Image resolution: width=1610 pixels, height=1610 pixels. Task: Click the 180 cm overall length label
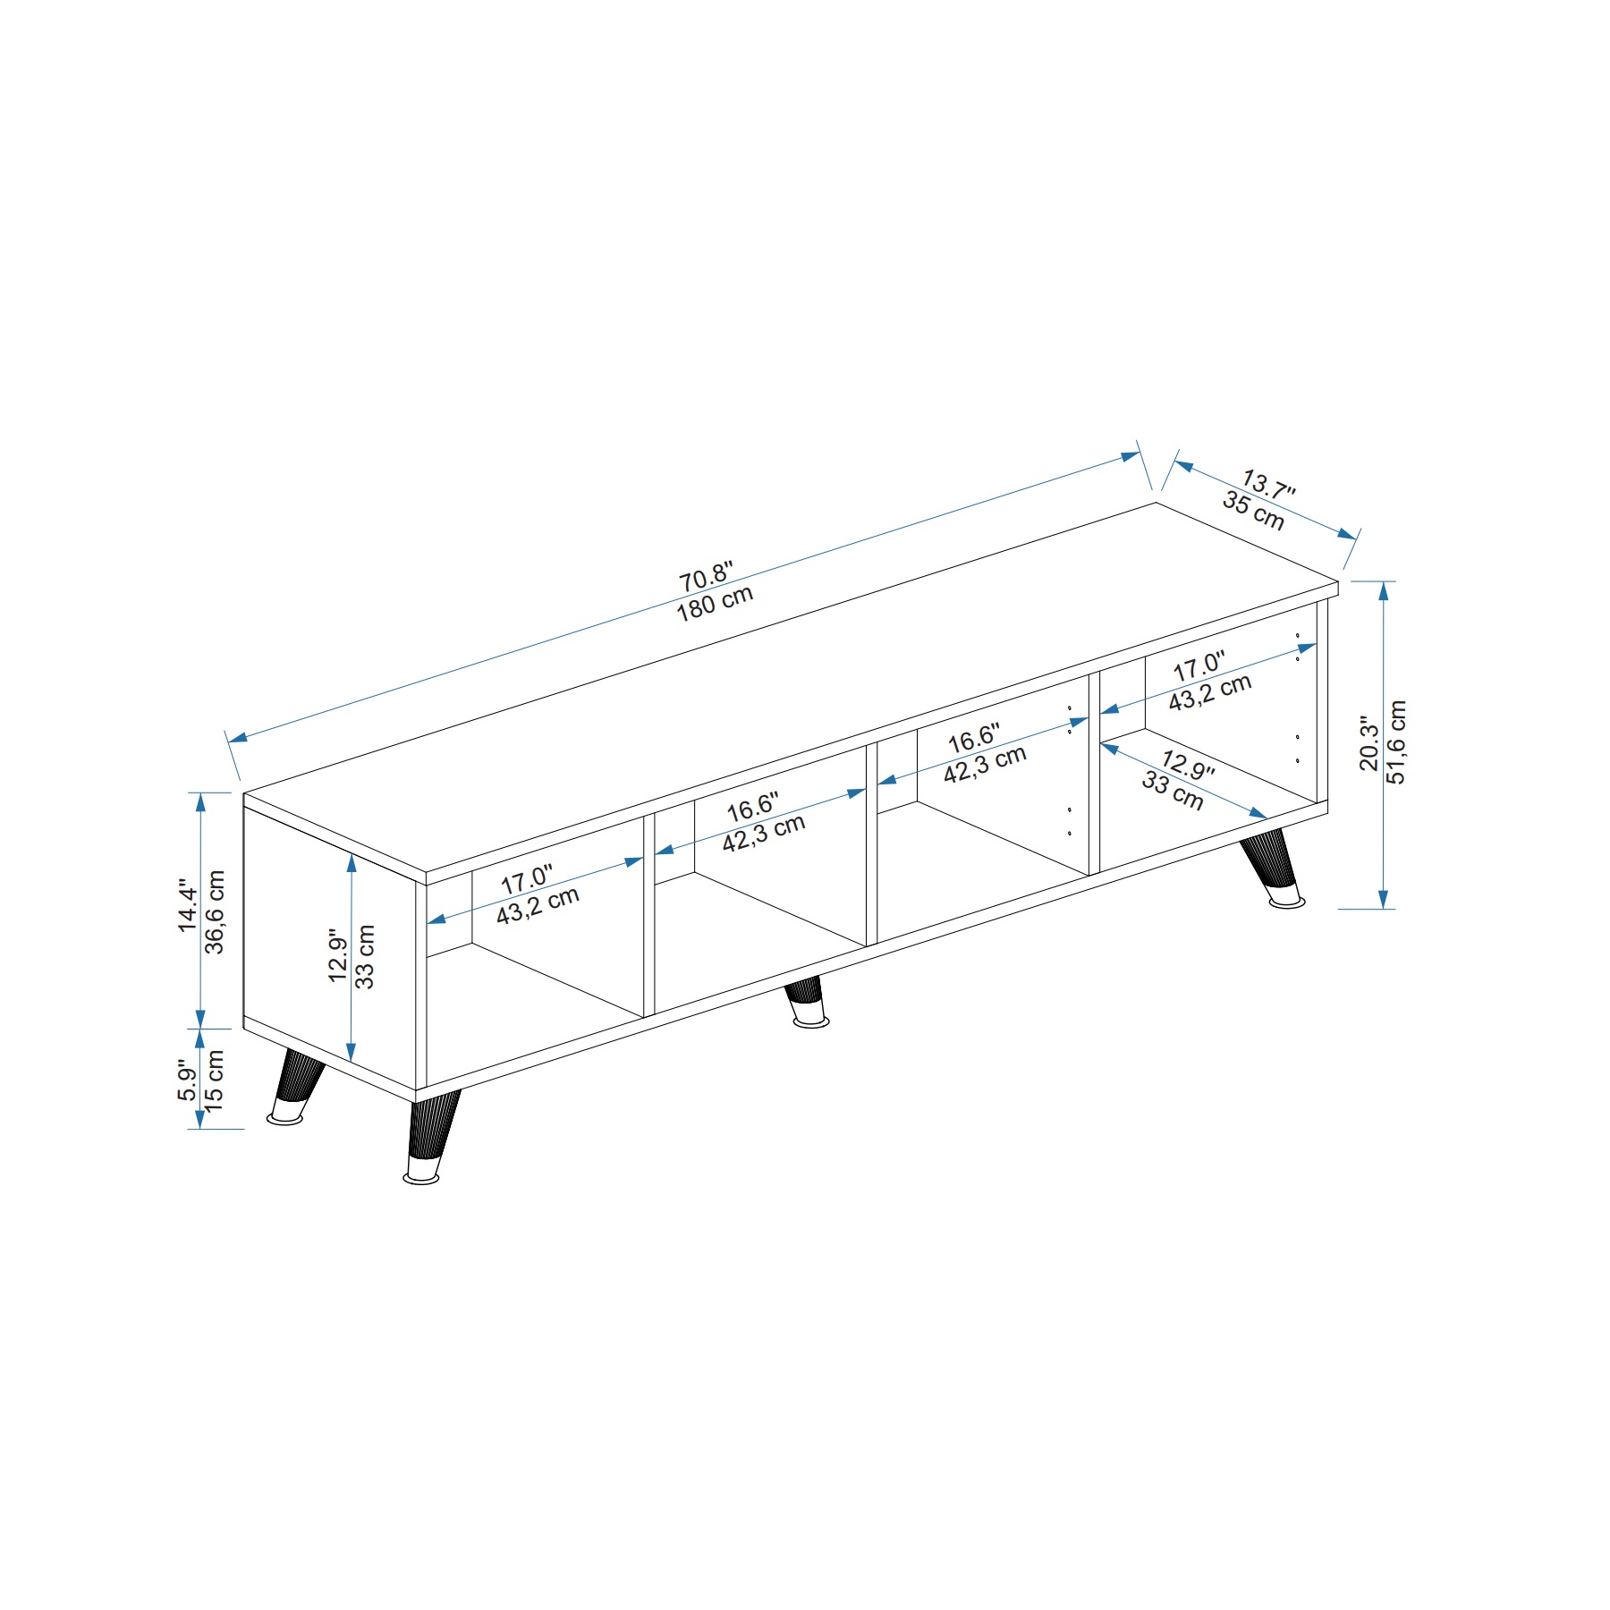715,604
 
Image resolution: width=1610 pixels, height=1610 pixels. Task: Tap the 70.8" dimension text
706,576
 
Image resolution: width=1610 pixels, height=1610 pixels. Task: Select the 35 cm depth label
1253,511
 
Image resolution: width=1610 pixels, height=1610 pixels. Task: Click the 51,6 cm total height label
1396,741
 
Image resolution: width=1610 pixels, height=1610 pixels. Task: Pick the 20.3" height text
1368,742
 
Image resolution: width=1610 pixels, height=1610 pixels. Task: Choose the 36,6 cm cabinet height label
215,911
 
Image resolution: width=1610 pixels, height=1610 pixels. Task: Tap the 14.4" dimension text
188,904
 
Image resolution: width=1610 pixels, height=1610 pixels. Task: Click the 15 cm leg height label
215,1080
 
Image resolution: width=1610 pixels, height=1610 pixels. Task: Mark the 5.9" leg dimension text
187,1081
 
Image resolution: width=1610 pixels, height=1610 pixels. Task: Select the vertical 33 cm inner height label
365,956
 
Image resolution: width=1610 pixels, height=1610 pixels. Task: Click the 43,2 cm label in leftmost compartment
538,905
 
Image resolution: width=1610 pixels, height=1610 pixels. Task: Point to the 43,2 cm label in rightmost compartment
1210,691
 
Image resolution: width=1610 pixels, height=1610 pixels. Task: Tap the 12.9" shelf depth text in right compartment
1188,766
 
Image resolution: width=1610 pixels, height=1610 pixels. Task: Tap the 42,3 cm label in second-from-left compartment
764,832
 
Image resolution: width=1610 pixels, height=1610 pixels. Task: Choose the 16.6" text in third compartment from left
974,740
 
